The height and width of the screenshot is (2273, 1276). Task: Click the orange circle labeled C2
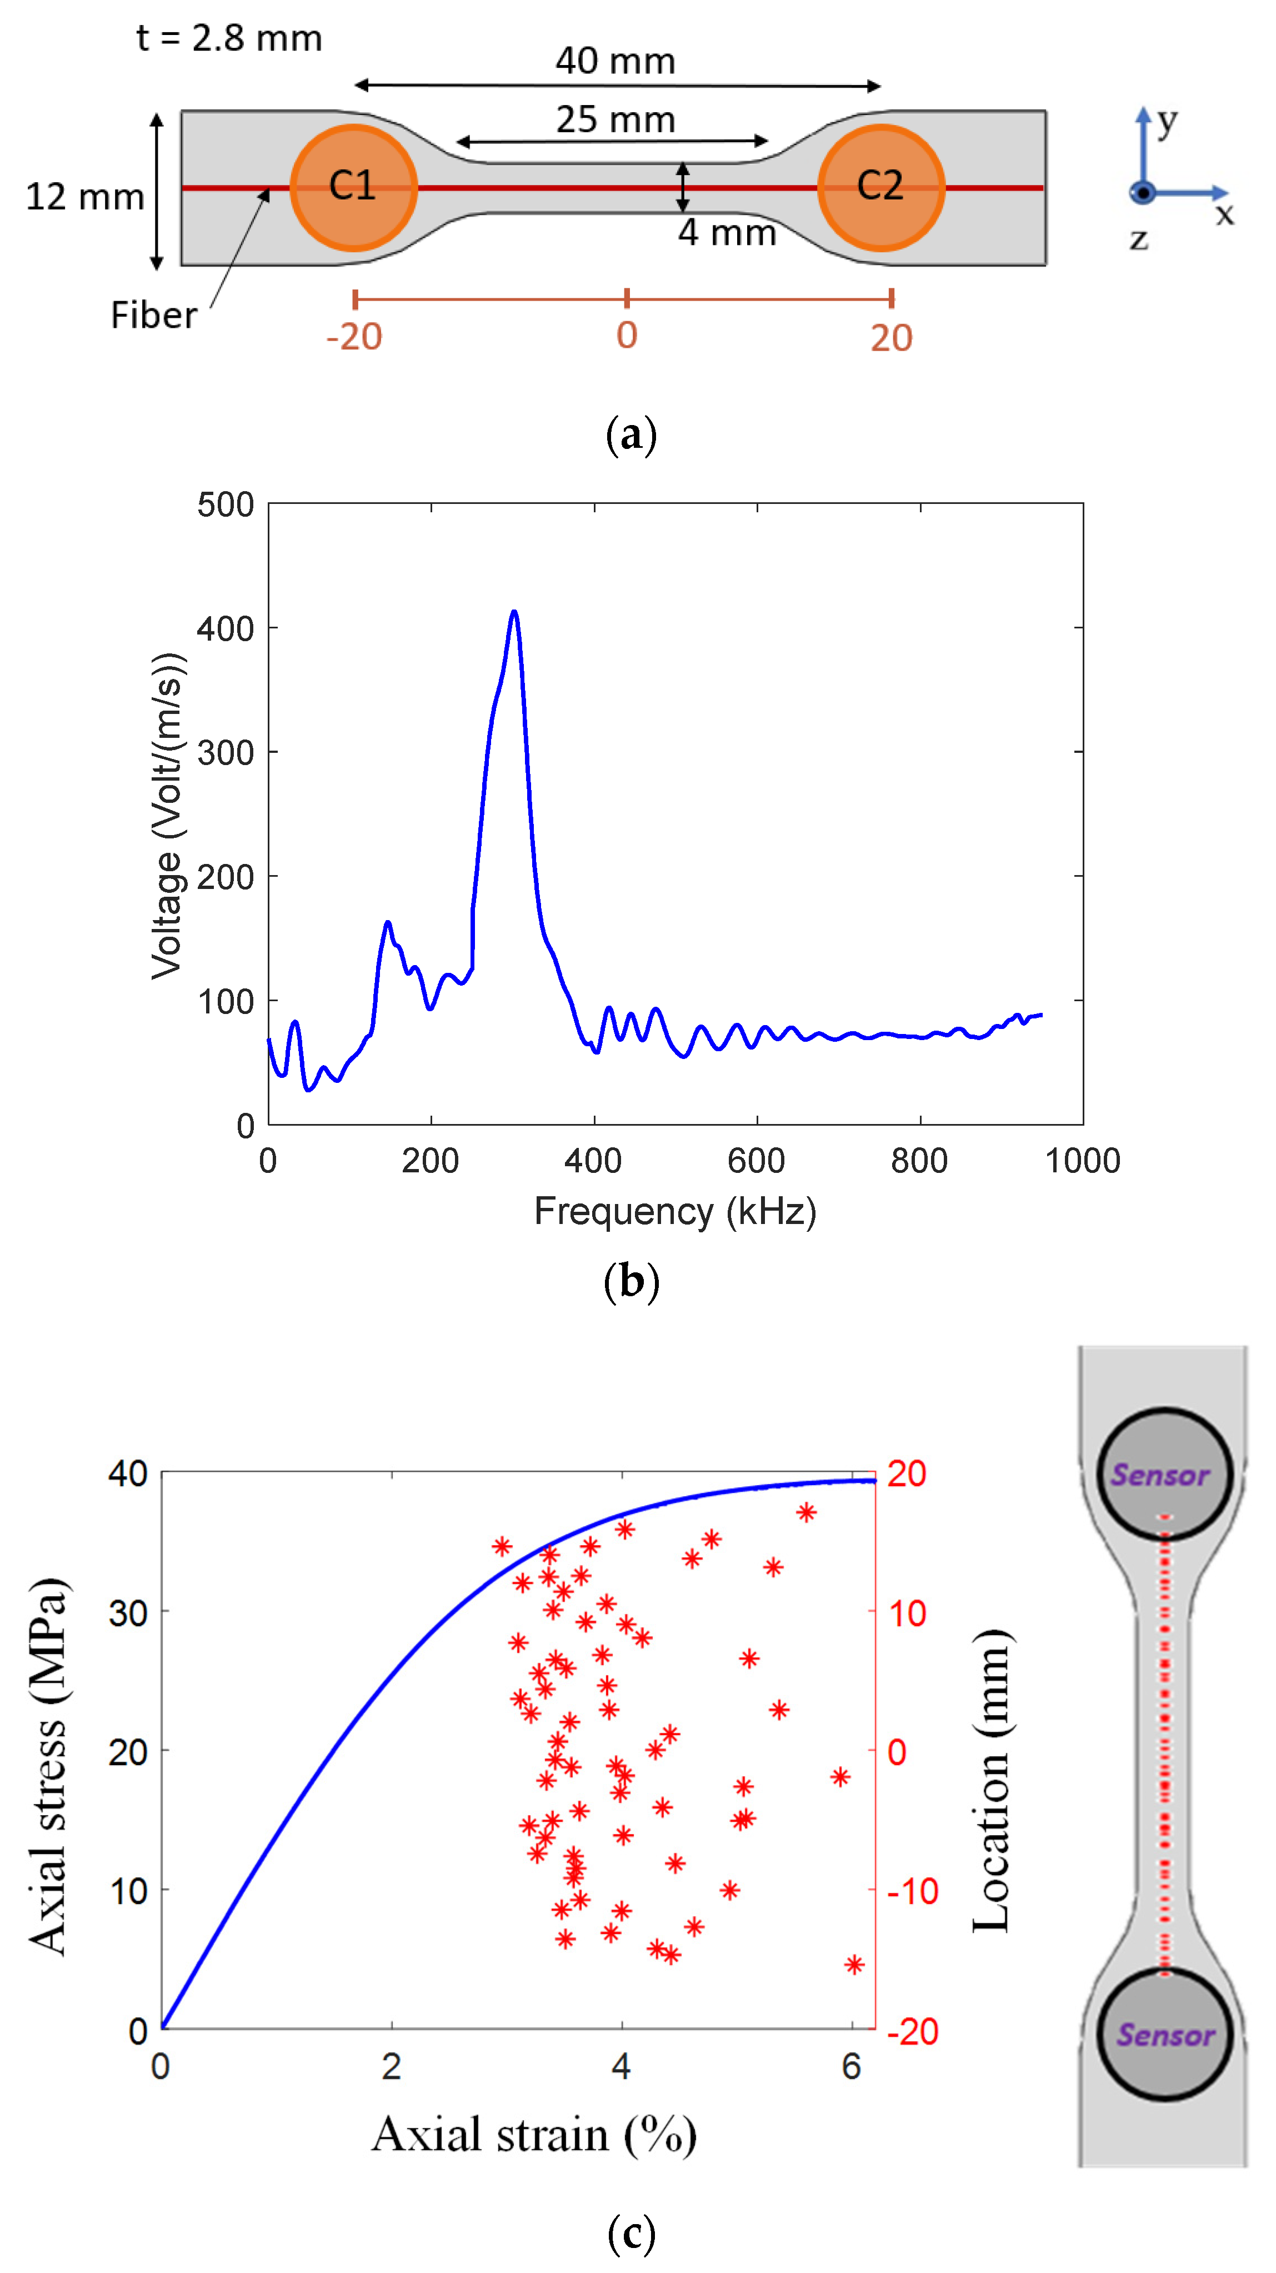[880, 187]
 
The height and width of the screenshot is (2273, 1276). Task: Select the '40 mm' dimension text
[615, 61]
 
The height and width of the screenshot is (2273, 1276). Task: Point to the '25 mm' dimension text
[615, 119]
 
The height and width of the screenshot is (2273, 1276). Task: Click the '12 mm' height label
[84, 196]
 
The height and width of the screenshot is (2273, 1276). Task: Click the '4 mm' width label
[726, 233]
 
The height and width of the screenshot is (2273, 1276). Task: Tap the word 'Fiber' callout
[153, 315]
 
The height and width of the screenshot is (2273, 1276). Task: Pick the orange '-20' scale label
[354, 337]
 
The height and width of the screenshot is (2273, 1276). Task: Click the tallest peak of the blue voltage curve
[514, 612]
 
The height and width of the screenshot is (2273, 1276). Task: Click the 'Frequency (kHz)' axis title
[675, 1211]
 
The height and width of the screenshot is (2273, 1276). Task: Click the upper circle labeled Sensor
[1163, 1473]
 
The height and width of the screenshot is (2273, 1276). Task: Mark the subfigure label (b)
[631, 1280]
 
